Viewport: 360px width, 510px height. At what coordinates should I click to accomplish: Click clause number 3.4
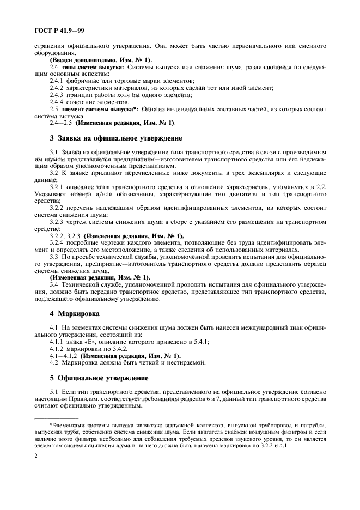[x=54, y=285]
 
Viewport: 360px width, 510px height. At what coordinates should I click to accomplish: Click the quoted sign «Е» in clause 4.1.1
[x=91, y=342]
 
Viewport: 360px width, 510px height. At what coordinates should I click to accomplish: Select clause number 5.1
[x=54, y=392]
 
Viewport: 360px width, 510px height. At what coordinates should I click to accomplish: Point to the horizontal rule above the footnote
[x=57, y=417]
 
